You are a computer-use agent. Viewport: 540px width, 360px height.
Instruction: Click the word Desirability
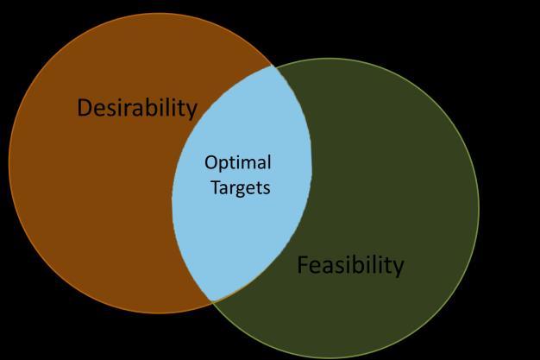point(137,108)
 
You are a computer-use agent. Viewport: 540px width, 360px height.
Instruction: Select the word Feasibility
point(349,265)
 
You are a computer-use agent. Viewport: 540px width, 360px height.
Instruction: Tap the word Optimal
point(237,163)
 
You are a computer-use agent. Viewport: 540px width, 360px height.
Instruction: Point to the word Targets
point(241,186)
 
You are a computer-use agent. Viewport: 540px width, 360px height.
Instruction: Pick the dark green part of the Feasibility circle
point(397,173)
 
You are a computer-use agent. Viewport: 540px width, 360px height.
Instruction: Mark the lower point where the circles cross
point(211,300)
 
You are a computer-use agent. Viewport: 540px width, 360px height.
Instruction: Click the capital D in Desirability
point(85,108)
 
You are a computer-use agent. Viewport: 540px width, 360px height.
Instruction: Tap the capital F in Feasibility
point(302,265)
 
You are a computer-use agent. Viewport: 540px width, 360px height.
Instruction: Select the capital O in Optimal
point(210,163)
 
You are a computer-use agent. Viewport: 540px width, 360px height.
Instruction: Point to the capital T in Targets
point(216,186)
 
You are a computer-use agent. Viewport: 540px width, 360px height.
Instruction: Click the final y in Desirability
point(192,111)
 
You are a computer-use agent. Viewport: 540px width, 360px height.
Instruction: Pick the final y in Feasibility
point(398,268)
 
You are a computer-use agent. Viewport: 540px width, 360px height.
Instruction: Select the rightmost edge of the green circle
point(478,207)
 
